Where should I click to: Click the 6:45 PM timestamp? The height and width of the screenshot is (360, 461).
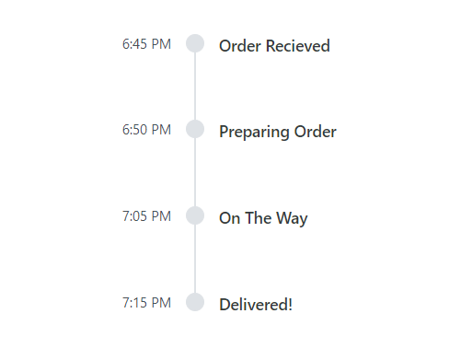(x=146, y=44)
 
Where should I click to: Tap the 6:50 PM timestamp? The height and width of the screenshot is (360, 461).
(x=146, y=130)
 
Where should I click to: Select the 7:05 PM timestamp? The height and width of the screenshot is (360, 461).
(x=146, y=216)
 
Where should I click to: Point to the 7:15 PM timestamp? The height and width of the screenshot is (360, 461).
(x=146, y=302)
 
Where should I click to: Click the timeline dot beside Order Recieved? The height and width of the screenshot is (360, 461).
(x=195, y=43)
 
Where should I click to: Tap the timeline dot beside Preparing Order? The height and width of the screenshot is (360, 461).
(x=195, y=129)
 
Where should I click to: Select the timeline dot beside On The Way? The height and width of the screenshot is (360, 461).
(x=195, y=215)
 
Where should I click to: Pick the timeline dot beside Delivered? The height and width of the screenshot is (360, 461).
(x=195, y=302)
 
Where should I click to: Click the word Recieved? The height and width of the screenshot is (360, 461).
(x=297, y=46)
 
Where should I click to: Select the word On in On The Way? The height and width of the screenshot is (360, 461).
(x=229, y=219)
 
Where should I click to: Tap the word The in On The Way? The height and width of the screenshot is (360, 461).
(x=259, y=219)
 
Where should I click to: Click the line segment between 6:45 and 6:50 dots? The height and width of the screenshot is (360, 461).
(x=195, y=87)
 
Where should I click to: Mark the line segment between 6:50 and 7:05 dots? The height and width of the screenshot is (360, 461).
(x=195, y=172)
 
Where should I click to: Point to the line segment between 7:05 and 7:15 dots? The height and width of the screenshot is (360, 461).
(x=195, y=259)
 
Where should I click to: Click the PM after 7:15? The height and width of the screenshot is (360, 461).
(x=160, y=302)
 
